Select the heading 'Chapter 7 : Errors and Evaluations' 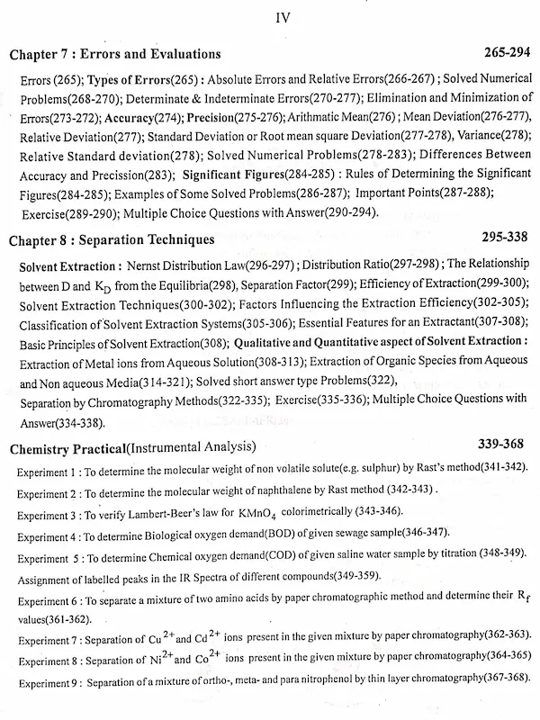point(115,55)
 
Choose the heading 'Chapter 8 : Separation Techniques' point(112,240)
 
